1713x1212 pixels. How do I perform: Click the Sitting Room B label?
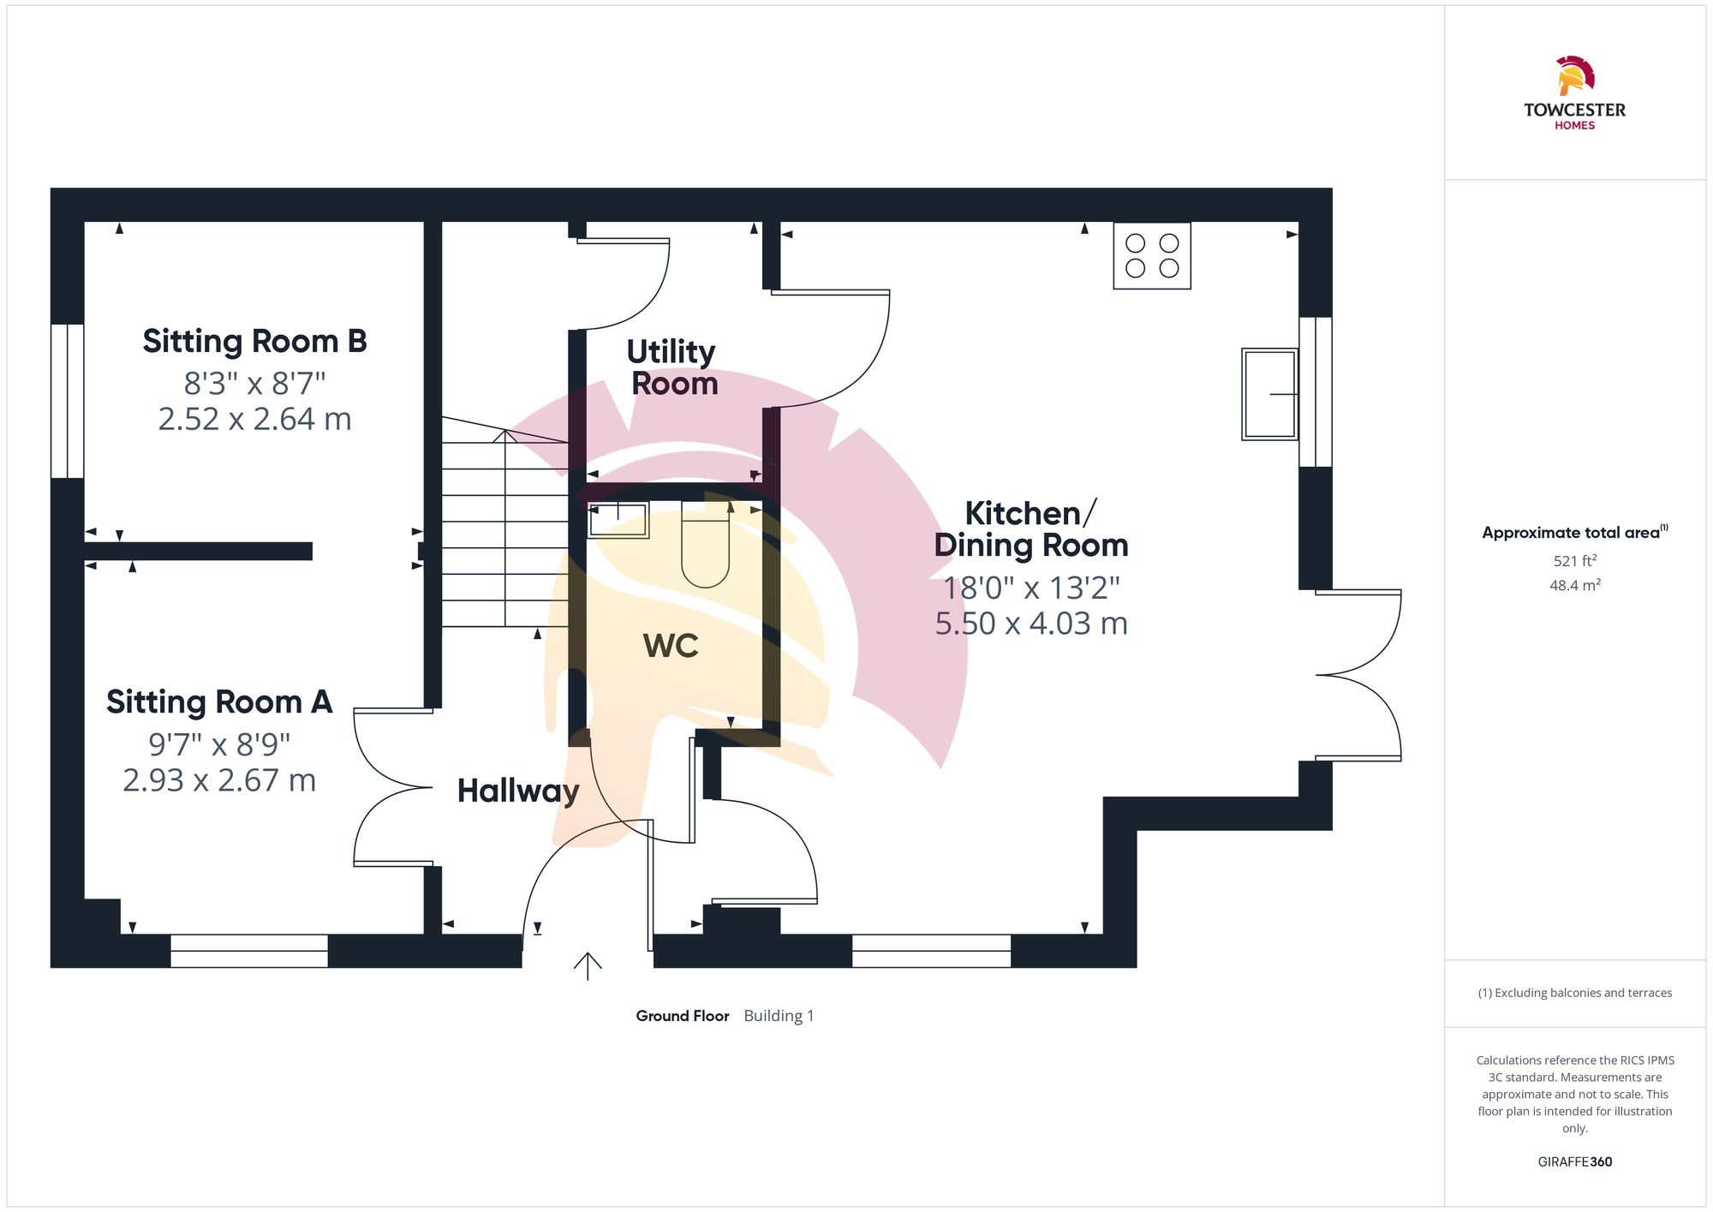[254, 342]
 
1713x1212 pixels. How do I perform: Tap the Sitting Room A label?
[219, 702]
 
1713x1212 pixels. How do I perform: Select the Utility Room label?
[672, 367]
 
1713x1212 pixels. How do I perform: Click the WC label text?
[671, 646]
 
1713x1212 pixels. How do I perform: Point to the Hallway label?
[518, 791]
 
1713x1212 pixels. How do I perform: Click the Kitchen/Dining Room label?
[1030, 529]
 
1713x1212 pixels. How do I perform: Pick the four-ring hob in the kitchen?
[1151, 255]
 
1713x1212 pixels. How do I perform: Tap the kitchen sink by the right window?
[1269, 394]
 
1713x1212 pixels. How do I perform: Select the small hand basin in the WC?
[618, 520]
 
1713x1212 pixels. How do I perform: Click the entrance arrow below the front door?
[588, 965]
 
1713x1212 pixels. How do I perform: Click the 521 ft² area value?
[1574, 561]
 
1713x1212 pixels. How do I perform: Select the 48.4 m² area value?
[1574, 586]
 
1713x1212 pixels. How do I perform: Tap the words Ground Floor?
[682, 1016]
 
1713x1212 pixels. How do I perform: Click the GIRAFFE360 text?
[1574, 1162]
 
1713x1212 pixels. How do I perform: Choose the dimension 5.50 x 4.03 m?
[1030, 624]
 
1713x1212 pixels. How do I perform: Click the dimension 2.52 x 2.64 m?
[254, 419]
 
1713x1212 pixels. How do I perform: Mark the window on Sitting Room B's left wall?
[68, 400]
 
